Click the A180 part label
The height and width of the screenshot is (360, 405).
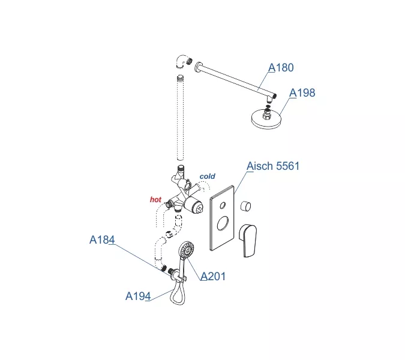[281, 68]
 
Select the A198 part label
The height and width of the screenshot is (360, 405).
[302, 93]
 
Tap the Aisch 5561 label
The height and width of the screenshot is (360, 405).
[273, 166]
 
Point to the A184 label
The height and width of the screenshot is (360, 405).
[102, 239]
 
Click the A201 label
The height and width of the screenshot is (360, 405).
[213, 277]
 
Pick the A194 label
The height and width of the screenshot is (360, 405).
[138, 296]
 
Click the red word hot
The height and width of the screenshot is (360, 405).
[155, 199]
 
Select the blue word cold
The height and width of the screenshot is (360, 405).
[208, 176]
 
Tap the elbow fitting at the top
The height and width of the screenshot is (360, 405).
[184, 62]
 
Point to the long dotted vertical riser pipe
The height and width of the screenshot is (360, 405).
[180, 118]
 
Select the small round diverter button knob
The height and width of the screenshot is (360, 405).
[245, 206]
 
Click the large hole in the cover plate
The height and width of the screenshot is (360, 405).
[223, 223]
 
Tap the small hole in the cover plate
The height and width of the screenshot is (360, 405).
[223, 206]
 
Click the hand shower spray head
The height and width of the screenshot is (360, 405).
[187, 250]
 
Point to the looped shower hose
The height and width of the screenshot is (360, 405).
[178, 292]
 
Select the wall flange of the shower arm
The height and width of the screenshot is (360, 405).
[198, 67]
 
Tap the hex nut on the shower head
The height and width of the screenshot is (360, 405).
[267, 115]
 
